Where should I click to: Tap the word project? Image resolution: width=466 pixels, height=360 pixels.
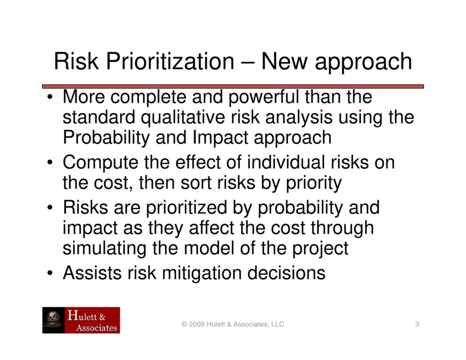pos(319,248)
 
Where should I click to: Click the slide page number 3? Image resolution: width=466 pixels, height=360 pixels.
pos(417,325)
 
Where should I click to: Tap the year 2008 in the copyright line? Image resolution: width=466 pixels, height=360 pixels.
pos(196,325)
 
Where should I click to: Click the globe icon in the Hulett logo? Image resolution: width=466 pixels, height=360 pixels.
pos(54,319)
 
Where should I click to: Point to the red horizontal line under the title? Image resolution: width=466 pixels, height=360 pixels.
pos(233,86)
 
